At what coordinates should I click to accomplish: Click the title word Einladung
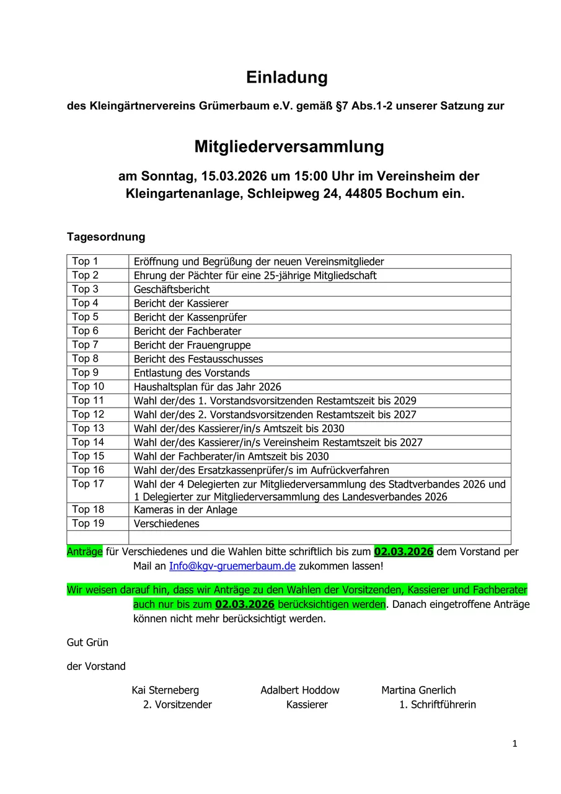[x=286, y=78]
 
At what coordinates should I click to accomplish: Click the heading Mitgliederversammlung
[x=289, y=147]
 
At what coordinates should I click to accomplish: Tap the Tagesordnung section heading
[x=106, y=237]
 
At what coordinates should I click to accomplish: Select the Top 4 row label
[x=85, y=303]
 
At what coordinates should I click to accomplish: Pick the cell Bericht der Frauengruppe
[x=192, y=346]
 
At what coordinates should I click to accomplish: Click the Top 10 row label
[x=88, y=386]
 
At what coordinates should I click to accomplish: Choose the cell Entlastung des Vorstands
[x=192, y=373]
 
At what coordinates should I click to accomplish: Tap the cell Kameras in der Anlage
[x=185, y=510]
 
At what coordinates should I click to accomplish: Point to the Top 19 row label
[x=88, y=524]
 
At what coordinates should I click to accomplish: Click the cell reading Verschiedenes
[x=167, y=524]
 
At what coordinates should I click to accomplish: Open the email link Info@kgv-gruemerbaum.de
[x=232, y=566]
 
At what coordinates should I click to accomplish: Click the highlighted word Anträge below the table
[x=85, y=551]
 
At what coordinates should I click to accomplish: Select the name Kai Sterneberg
[x=166, y=690]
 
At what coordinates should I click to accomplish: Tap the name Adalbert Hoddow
[x=300, y=690]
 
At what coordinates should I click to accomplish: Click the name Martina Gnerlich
[x=418, y=690]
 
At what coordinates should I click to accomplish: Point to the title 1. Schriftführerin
[x=438, y=705]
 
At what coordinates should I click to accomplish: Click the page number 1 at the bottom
[x=515, y=744]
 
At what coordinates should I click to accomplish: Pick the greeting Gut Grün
[x=87, y=643]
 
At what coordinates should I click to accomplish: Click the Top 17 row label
[x=88, y=484]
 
